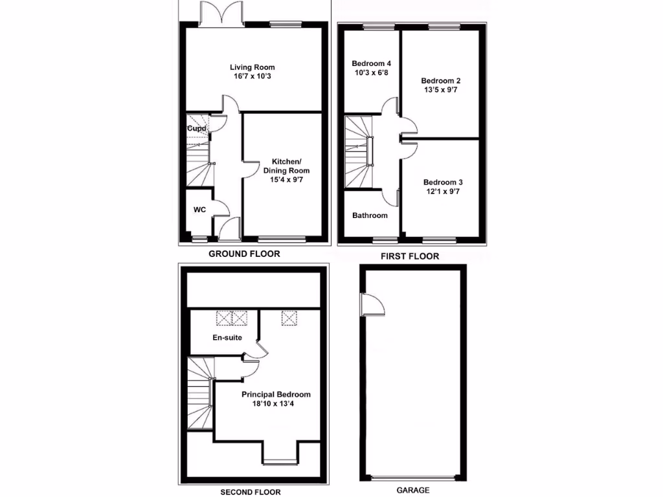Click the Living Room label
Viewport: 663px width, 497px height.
[x=253, y=67]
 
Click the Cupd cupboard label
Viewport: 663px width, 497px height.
[x=196, y=128]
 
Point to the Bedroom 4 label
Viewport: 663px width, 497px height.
[x=371, y=63]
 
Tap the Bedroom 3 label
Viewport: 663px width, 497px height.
[x=442, y=182]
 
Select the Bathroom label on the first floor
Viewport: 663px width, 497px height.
[x=370, y=215]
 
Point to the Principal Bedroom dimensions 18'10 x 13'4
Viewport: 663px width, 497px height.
[x=276, y=404]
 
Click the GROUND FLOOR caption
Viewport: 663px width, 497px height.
[x=244, y=254]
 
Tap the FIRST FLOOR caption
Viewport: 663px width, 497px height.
[x=410, y=256]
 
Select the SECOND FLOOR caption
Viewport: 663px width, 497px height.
[x=251, y=492]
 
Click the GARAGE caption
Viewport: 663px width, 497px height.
[x=412, y=491]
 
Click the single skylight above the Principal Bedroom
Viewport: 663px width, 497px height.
[x=287, y=317]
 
